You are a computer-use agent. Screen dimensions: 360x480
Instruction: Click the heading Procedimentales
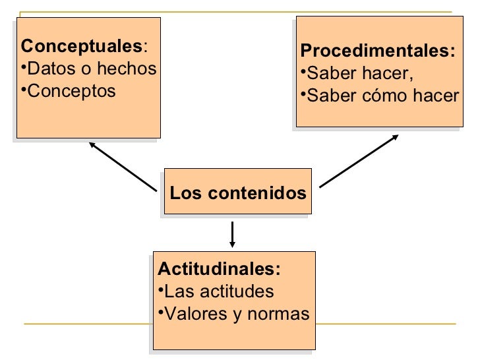[377, 51]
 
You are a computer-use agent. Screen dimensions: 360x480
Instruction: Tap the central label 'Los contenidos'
[238, 194]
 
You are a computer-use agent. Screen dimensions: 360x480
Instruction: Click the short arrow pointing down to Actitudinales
[233, 234]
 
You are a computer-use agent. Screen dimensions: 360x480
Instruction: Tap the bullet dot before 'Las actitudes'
[160, 290]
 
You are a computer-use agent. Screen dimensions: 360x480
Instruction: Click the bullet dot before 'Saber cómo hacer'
[303, 94]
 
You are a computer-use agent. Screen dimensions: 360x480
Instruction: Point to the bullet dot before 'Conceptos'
[24, 89]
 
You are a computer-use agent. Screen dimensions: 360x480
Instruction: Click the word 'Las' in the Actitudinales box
[175, 291]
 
